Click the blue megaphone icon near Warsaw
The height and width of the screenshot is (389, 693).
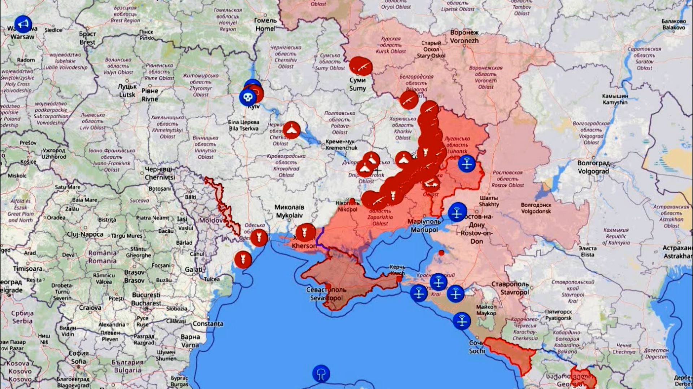click(23, 24)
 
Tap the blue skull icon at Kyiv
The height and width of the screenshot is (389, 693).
click(248, 97)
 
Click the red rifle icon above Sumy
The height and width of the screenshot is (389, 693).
click(360, 66)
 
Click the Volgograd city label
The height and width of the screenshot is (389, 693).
click(593, 167)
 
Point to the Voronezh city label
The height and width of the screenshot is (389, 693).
click(464, 36)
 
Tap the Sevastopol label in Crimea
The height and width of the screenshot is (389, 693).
click(326, 294)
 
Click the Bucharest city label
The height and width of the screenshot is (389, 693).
click(146, 299)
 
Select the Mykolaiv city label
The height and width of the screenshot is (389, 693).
click(289, 211)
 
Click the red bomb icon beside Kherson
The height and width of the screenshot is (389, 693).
click(305, 232)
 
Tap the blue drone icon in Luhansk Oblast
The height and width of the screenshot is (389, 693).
click(467, 163)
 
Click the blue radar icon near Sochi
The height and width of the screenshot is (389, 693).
click(462, 320)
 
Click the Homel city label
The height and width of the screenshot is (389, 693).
click(265, 25)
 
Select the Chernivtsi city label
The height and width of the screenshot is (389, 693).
click(159, 173)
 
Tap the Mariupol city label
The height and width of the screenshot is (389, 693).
click(424, 226)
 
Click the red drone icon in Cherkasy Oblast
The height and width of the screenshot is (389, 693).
click(291, 130)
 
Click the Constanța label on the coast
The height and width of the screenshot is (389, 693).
click(208, 323)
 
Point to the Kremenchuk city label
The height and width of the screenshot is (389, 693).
click(341, 144)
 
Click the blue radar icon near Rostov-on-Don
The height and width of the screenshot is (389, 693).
click(457, 212)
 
